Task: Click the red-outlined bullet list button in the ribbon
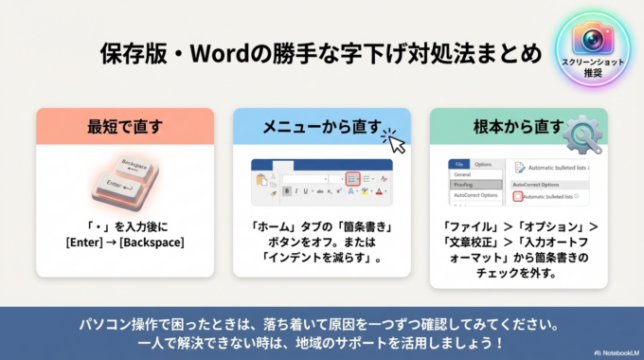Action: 352,177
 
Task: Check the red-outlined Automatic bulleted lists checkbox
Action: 518,196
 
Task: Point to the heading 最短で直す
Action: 125,127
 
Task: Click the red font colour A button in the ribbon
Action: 379,191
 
